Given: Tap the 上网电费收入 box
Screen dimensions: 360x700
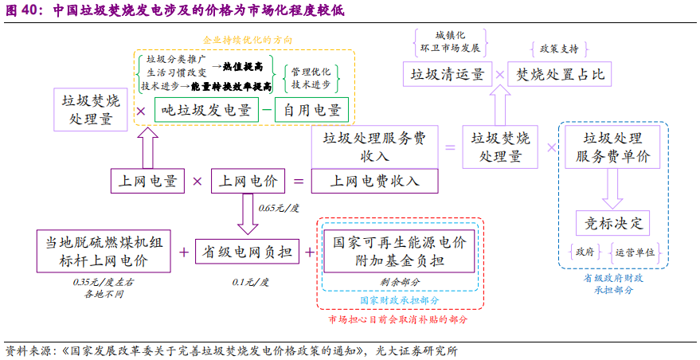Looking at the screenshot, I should pyautogui.click(x=374, y=181).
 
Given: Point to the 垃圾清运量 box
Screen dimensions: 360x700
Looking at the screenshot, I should pyautogui.click(x=447, y=75).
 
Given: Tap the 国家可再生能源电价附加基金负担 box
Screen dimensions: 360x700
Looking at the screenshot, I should pyautogui.click(x=397, y=251).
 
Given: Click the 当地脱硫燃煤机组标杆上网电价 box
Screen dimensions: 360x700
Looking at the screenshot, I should pyautogui.click(x=104, y=251).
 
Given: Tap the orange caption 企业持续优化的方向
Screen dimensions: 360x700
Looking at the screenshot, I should pyautogui.click(x=248, y=39).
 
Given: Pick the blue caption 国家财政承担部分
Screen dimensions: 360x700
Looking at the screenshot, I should pyautogui.click(x=398, y=301).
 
